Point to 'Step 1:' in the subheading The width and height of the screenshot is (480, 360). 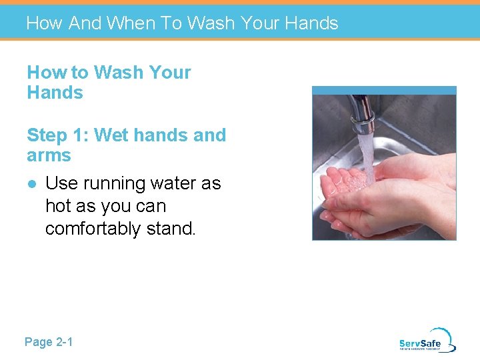pyautogui.click(x=57, y=135)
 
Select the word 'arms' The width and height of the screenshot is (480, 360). pyautogui.click(x=49, y=156)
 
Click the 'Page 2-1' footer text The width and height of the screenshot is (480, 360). pyautogui.click(x=49, y=342)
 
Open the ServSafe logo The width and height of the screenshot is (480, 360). pyautogui.click(x=427, y=341)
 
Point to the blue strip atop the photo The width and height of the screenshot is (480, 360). pyautogui.click(x=384, y=90)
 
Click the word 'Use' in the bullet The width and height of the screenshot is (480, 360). pyautogui.click(x=60, y=183)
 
